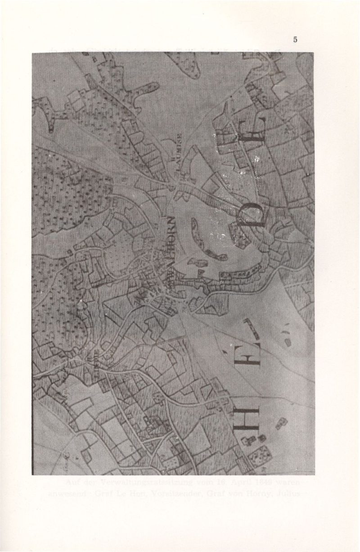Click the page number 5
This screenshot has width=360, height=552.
point(295,39)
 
